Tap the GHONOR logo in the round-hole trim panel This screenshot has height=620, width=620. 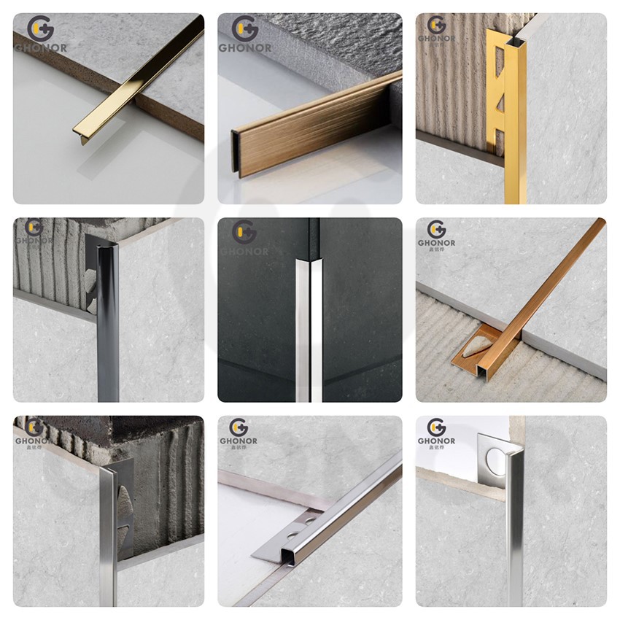436,433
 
